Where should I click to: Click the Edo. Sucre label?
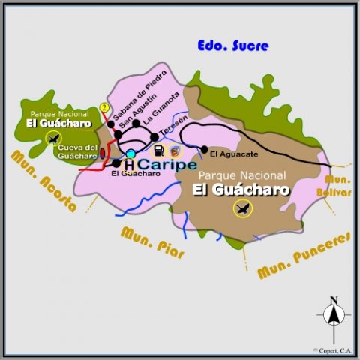233,46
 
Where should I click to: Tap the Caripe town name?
167,164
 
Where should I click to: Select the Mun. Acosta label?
44,181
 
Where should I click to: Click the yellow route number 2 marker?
105,107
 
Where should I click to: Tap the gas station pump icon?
159,151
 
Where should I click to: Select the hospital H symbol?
129,165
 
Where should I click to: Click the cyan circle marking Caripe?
130,154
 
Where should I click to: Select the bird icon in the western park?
52,138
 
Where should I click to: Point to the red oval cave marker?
103,154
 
